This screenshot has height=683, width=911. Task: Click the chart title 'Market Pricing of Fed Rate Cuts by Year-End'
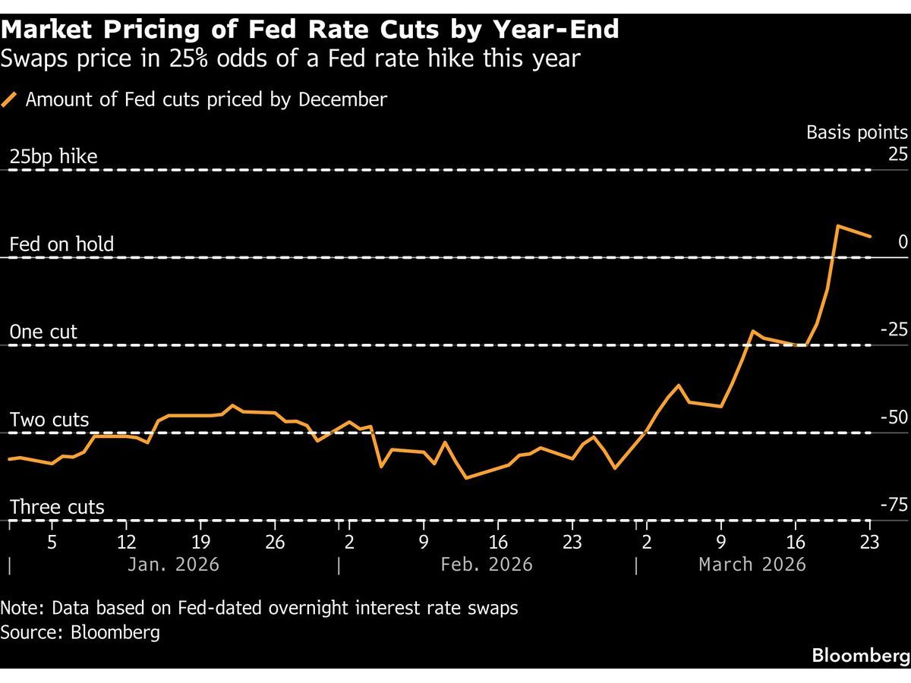[310, 30]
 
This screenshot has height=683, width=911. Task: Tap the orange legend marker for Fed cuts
[10, 100]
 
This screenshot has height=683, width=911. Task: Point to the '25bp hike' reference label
[53, 157]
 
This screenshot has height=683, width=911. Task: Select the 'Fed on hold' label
[61, 244]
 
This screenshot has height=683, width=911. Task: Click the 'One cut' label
[43, 332]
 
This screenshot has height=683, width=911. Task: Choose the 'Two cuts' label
[49, 420]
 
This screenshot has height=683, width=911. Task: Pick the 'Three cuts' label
[57, 507]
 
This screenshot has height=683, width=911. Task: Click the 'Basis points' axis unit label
[856, 132]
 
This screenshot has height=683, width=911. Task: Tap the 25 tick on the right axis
[898, 155]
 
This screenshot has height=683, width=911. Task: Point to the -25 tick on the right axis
[894, 330]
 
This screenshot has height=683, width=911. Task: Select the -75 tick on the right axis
[894, 505]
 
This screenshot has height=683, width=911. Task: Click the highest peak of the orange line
[838, 226]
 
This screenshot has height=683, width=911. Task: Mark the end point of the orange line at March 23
[870, 236]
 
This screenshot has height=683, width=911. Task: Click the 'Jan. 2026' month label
[174, 565]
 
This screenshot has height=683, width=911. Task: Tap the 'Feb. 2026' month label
[487, 565]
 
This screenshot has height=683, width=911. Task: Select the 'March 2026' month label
[752, 565]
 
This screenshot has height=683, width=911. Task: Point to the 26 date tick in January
[275, 543]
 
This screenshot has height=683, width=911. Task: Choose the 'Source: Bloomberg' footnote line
[80, 631]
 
